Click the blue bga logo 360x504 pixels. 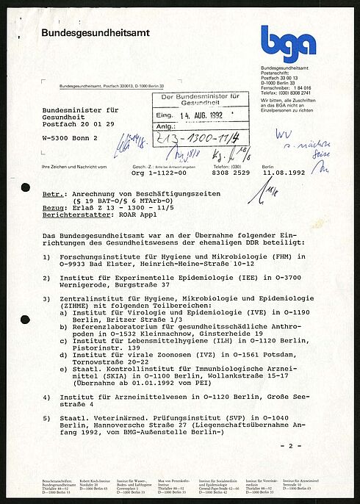coord(288,43)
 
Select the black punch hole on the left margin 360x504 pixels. coord(26,187)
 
